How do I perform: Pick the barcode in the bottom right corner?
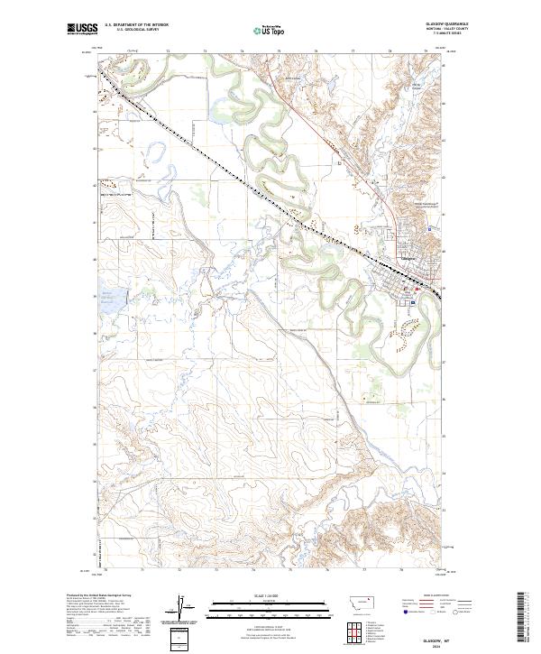point(521,620)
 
